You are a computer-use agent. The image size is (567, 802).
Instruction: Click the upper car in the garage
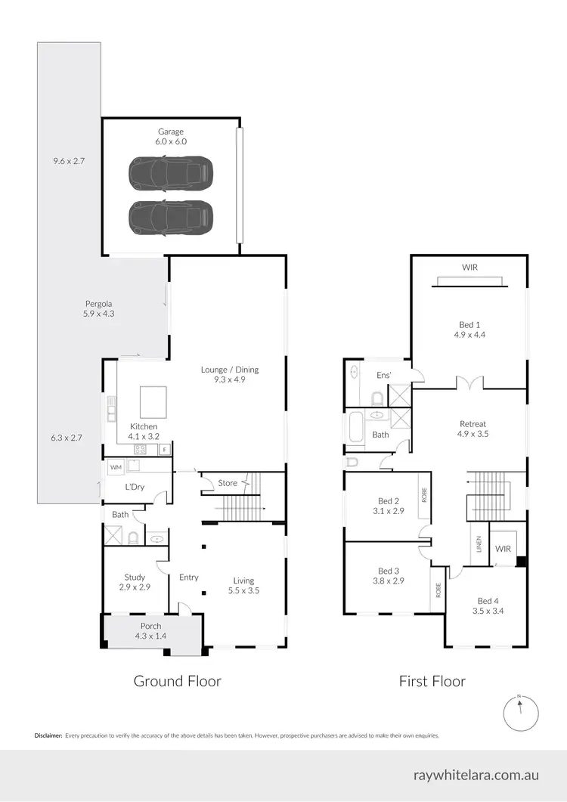point(171,174)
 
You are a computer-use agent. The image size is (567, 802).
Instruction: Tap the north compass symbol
point(520,713)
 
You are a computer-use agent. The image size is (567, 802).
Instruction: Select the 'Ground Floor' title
point(177,681)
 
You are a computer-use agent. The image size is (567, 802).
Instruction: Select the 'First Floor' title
point(432,681)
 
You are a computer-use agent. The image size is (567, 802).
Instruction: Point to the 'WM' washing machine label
point(116,468)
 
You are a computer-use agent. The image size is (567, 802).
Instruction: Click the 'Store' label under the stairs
point(228,483)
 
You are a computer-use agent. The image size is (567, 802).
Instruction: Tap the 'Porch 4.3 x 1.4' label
point(150,631)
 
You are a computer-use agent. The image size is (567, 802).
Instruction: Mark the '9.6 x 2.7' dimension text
point(67,160)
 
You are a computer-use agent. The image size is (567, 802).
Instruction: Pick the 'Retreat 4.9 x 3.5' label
point(472,429)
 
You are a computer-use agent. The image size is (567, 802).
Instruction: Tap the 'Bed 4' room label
point(488,601)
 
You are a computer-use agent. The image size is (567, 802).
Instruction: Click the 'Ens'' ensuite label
point(383,375)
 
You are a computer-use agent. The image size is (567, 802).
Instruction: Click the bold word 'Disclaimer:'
point(48,735)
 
